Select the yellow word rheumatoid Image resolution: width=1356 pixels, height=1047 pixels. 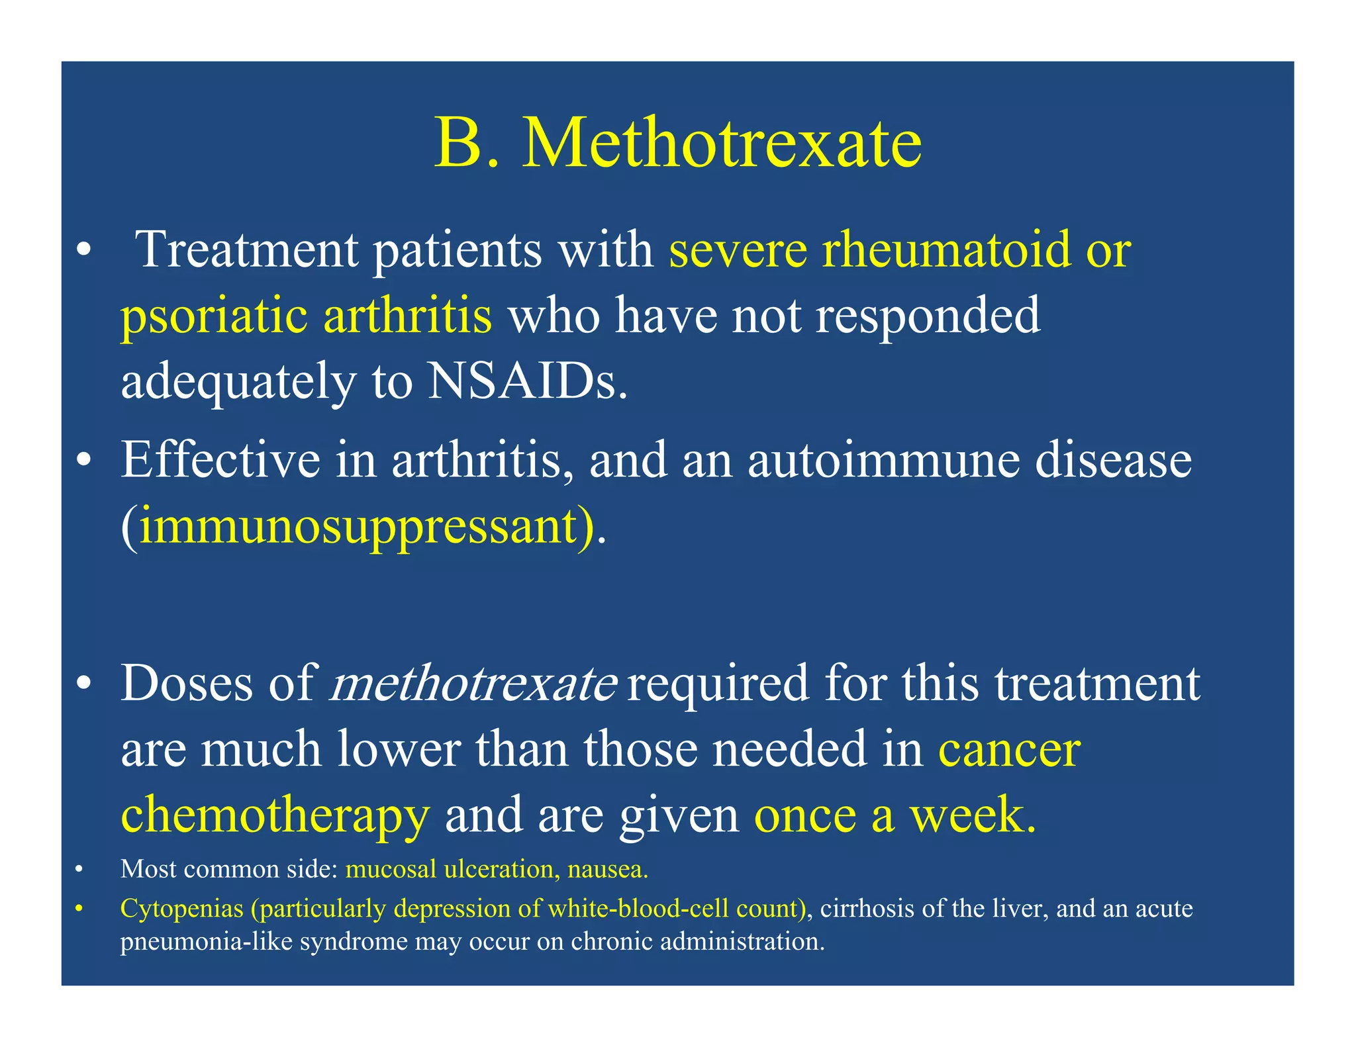(x=946, y=250)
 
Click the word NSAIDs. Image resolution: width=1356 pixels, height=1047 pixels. (x=527, y=382)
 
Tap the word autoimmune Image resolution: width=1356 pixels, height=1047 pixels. (x=883, y=460)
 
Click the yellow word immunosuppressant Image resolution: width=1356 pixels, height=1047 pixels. (x=358, y=527)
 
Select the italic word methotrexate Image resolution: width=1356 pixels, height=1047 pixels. (x=473, y=684)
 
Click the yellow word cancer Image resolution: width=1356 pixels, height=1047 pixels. (x=1009, y=751)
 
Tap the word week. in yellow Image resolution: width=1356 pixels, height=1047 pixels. (x=973, y=815)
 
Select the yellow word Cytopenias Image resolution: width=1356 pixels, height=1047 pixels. (x=181, y=909)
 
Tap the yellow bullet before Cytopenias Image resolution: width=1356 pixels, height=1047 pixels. (x=79, y=909)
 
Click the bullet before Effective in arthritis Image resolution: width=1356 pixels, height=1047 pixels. (x=83, y=461)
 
